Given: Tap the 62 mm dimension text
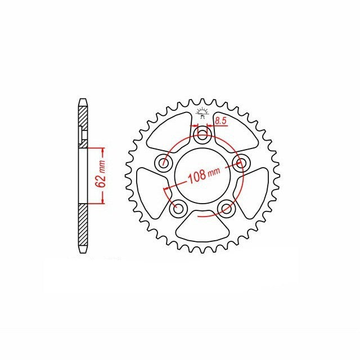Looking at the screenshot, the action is click(x=102, y=175).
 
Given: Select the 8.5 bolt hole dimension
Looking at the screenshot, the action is click(x=221, y=121).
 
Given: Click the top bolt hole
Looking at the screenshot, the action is click(x=202, y=134).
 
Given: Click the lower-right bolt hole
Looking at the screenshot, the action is click(x=226, y=208).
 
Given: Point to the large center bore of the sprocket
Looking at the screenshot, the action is click(x=202, y=175).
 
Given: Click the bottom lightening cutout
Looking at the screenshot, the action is click(x=202, y=226).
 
